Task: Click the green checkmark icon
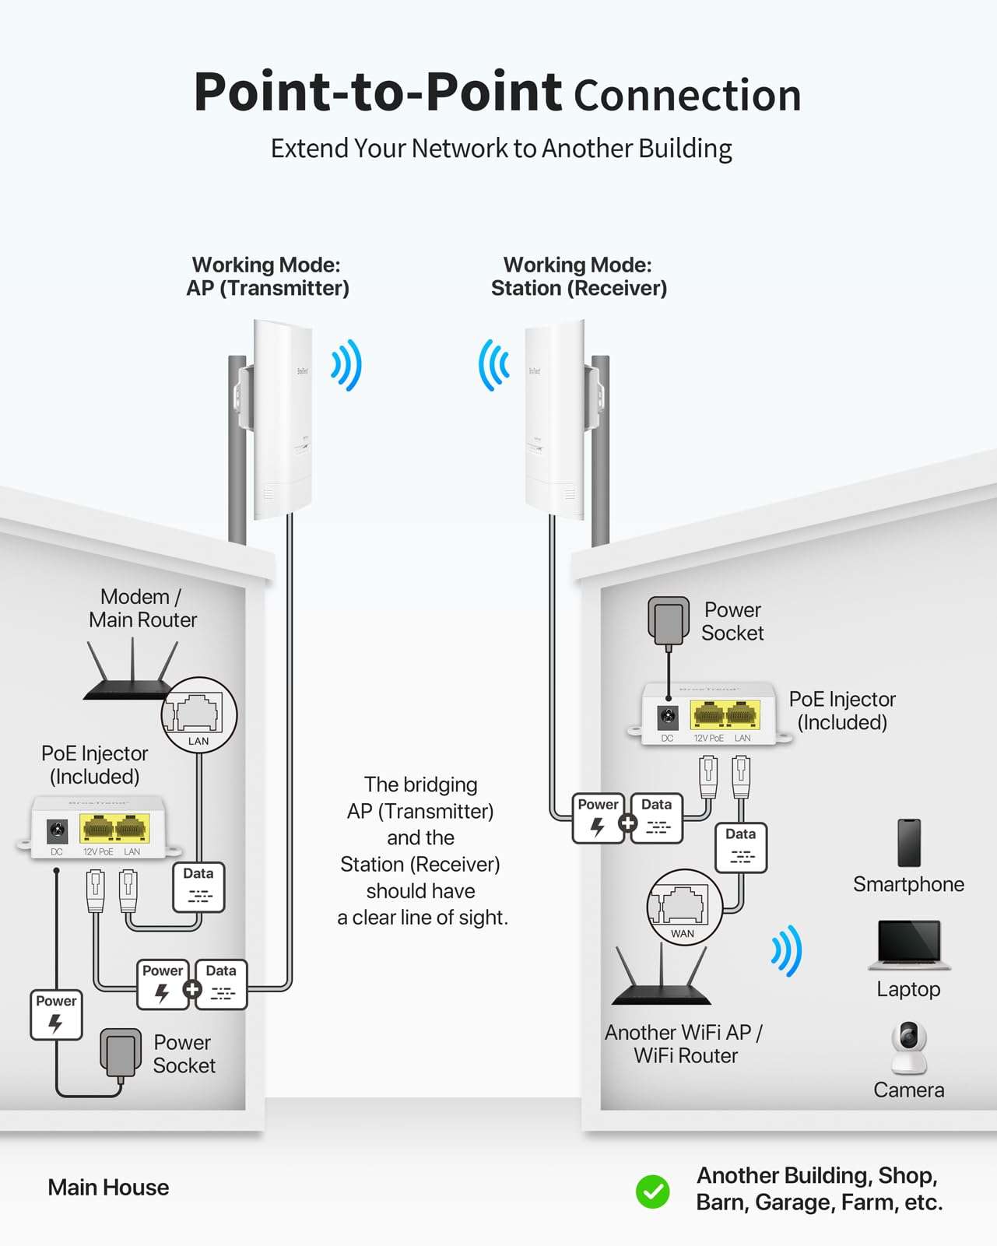[x=652, y=1191]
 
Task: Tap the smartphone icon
[x=908, y=843]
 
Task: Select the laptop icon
[x=909, y=945]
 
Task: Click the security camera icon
[x=908, y=1047]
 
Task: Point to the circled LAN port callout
[x=198, y=714]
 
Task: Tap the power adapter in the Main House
[x=121, y=1052]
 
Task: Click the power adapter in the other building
[x=669, y=620]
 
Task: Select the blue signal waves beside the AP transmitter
[x=346, y=364]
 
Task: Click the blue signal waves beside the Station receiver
[x=493, y=364]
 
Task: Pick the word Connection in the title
[x=687, y=95]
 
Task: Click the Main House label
[x=108, y=1188]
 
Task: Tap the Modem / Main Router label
[x=142, y=609]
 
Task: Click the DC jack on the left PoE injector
[x=57, y=831]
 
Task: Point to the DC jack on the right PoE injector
[x=667, y=717]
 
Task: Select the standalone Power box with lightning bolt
[x=56, y=1014]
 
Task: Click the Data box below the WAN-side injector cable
[x=740, y=847]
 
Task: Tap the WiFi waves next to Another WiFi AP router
[x=786, y=950]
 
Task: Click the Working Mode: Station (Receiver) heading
[x=578, y=277]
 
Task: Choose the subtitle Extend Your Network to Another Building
[x=501, y=148]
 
